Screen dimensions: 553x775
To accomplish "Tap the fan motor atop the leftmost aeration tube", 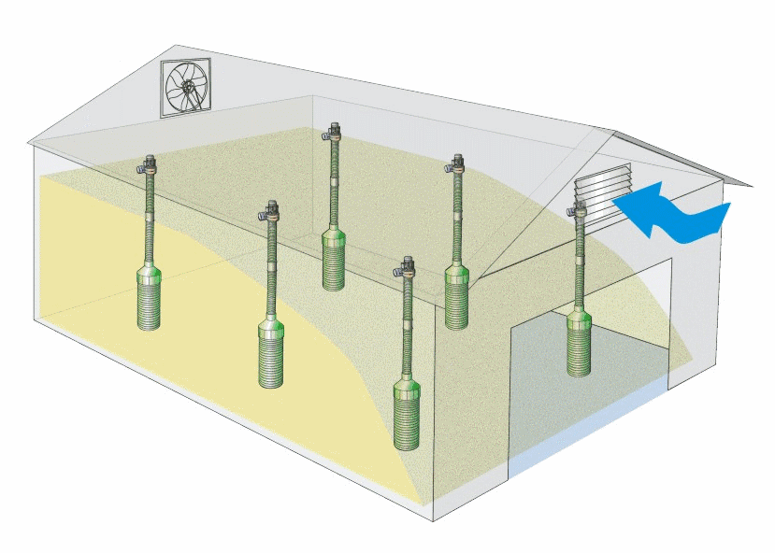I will point(146,167).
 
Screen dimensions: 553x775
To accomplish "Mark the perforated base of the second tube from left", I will point(271,355).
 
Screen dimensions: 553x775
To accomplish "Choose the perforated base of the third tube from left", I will point(333,262).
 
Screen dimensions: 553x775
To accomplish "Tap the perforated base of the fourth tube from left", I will point(407,416).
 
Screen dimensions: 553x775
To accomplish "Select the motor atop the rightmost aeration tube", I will point(578,213).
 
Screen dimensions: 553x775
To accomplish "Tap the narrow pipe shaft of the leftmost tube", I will point(149,224).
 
